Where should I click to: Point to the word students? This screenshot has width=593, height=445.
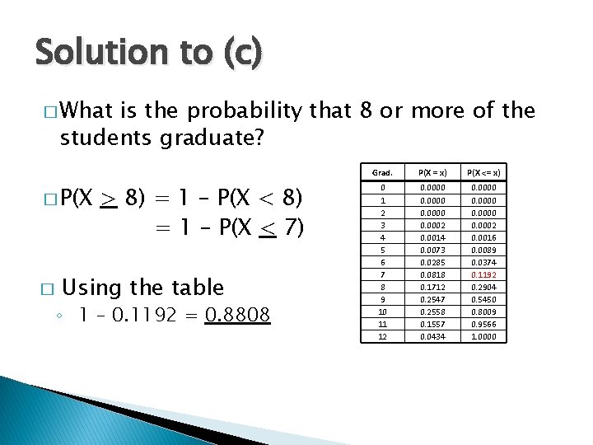[x=104, y=137]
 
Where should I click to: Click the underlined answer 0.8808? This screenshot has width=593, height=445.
[x=237, y=316]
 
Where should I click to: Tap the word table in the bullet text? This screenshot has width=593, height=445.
[x=198, y=288]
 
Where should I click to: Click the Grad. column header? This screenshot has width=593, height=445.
[x=382, y=172]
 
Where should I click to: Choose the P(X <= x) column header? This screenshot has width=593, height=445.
[x=483, y=172]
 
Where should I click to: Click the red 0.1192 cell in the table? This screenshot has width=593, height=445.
[x=483, y=274]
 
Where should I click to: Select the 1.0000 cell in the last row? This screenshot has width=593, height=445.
[x=483, y=336]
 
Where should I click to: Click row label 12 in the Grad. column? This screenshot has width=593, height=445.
[x=382, y=336]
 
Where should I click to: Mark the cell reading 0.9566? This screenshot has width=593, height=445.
[x=483, y=324]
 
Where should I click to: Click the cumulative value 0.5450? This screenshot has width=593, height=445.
[x=483, y=299]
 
